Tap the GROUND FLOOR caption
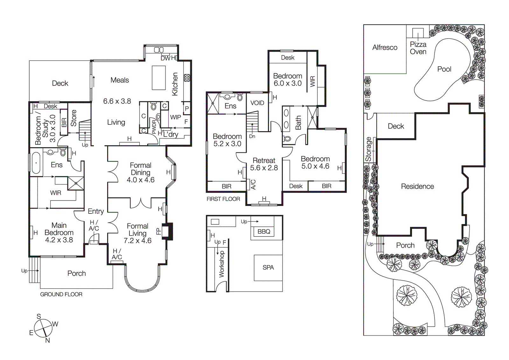pyautogui.click(x=61, y=294)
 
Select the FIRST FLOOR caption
pyautogui.click(x=223, y=199)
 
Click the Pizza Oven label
pyautogui.click(x=418, y=48)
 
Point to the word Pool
pyautogui.click(x=444, y=69)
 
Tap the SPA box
pyautogui.click(x=268, y=267)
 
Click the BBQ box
pyautogui.click(x=264, y=231)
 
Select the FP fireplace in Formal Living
pyautogui.click(x=167, y=231)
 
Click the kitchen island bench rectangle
pyautogui.click(x=159, y=78)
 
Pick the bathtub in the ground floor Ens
pyautogui.click(x=36, y=163)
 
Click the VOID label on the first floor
pyautogui.click(x=257, y=103)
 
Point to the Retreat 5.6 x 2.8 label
pyautogui.click(x=264, y=164)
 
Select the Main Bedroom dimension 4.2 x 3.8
pyautogui.click(x=59, y=240)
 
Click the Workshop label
pyautogui.click(x=221, y=264)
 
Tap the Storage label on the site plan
pyautogui.click(x=368, y=149)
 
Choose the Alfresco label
pyautogui.click(x=385, y=47)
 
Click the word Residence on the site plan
pyautogui.click(x=417, y=186)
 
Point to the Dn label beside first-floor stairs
pyautogui.click(x=252, y=136)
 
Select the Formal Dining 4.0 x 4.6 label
pyautogui.click(x=141, y=173)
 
